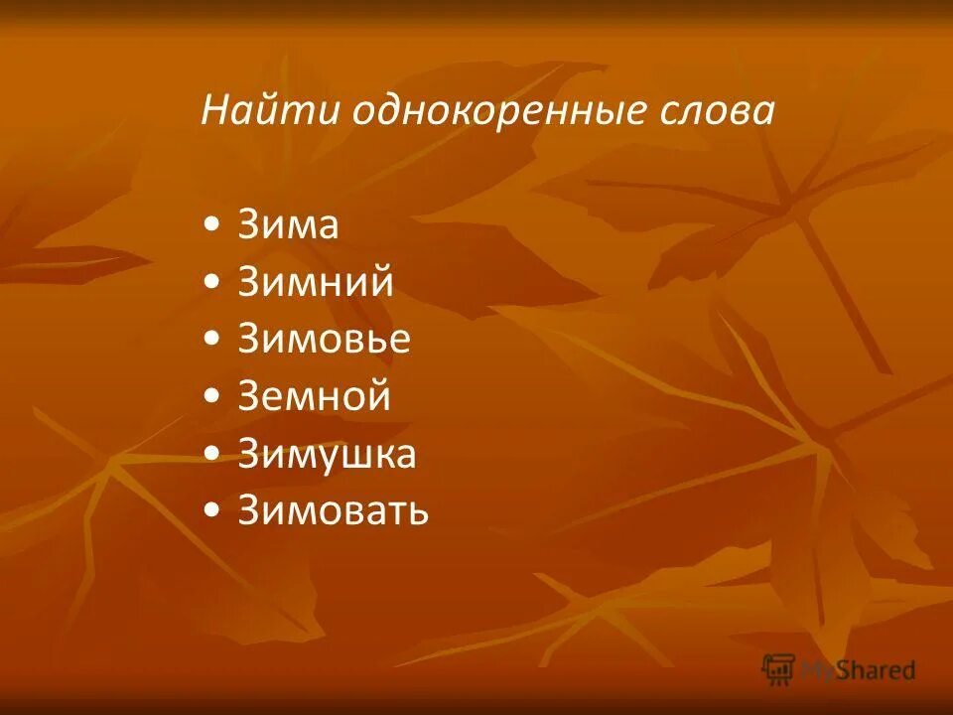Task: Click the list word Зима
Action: point(288,225)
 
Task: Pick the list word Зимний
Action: point(316,283)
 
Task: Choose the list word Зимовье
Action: point(324,340)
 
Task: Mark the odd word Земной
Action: point(315,397)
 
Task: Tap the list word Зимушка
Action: point(327,454)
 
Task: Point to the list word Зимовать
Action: point(333,511)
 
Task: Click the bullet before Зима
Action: point(211,227)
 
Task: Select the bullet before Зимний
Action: point(211,285)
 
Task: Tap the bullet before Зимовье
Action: point(211,342)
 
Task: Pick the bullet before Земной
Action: point(211,399)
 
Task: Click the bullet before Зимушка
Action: point(211,456)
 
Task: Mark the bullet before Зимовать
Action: point(211,513)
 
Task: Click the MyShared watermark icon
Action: point(778,669)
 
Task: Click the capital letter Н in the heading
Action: point(215,110)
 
